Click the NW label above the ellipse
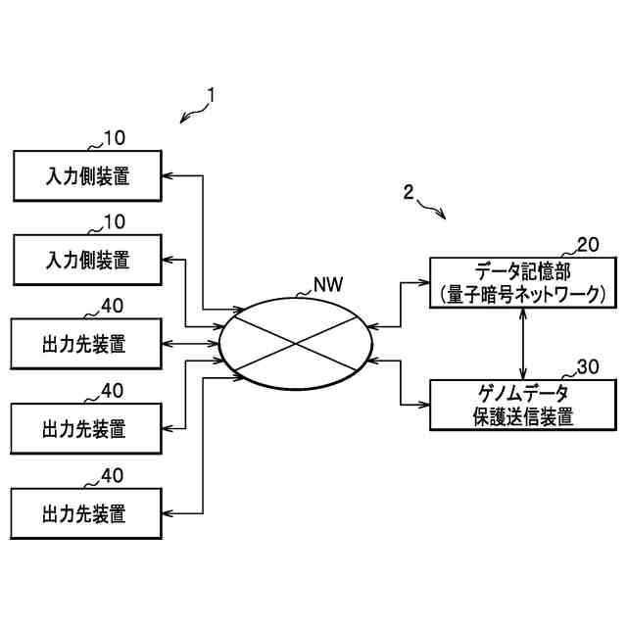click(328, 286)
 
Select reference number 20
click(587, 245)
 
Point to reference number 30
click(587, 367)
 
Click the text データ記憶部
click(523, 271)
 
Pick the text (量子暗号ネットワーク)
click(523, 293)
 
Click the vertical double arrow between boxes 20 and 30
click(523, 343)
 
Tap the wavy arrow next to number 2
click(432, 208)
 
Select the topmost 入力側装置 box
click(86, 176)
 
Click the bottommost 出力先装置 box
click(86, 512)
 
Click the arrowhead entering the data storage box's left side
click(425, 281)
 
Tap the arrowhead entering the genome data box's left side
click(425, 404)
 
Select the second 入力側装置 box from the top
click(86, 261)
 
